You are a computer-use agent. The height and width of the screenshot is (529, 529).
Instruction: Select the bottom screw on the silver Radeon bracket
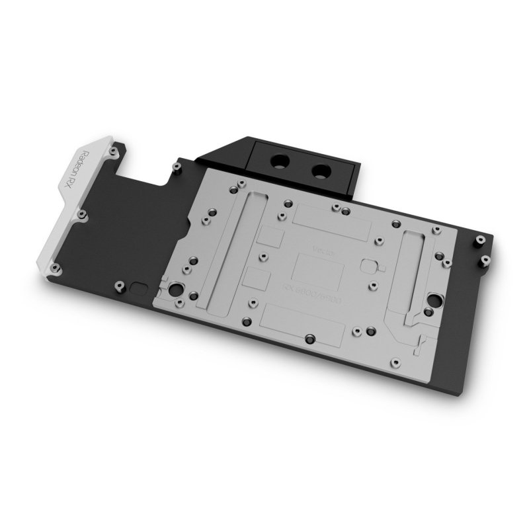(56, 268)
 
